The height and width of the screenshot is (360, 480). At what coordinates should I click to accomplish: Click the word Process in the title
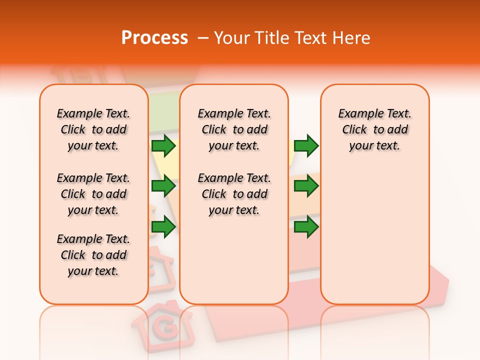pyautogui.click(x=154, y=38)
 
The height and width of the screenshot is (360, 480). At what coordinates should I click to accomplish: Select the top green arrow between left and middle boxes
pyautogui.click(x=163, y=145)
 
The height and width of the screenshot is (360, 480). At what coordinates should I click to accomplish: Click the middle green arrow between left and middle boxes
pyautogui.click(x=163, y=186)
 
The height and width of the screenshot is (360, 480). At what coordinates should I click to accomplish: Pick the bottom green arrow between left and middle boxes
pyautogui.click(x=163, y=227)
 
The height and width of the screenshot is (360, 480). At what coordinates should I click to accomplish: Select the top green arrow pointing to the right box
pyautogui.click(x=306, y=145)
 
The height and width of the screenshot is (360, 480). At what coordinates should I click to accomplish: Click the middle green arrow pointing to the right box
pyautogui.click(x=306, y=186)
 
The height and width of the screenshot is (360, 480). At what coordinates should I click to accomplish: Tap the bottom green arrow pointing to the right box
pyautogui.click(x=306, y=227)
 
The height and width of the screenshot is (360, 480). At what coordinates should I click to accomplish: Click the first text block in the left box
pyautogui.click(x=93, y=129)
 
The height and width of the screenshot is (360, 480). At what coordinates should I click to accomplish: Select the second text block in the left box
pyautogui.click(x=93, y=194)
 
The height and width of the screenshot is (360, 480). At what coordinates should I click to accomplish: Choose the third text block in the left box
pyautogui.click(x=93, y=255)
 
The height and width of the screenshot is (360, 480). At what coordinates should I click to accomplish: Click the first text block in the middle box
pyautogui.click(x=234, y=129)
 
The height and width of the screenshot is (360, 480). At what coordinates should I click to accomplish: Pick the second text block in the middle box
pyautogui.click(x=234, y=194)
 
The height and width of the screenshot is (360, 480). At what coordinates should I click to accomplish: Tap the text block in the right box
pyautogui.click(x=375, y=129)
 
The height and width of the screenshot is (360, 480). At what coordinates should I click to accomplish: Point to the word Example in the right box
pyautogui.click(x=357, y=114)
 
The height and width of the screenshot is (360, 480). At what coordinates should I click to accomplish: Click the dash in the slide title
pyautogui.click(x=203, y=38)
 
